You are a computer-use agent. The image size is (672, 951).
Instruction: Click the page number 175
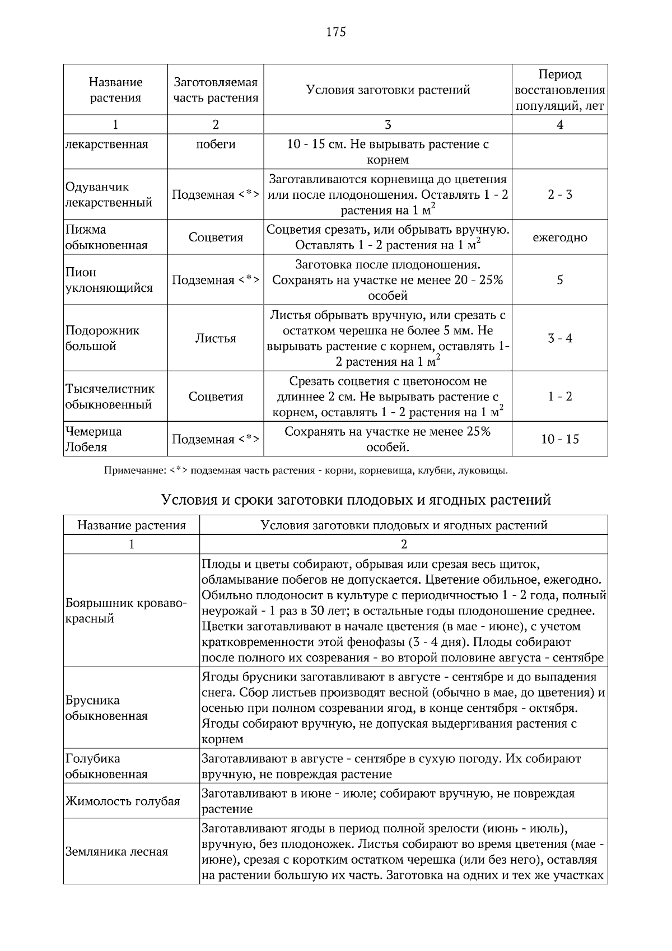pyautogui.click(x=336, y=32)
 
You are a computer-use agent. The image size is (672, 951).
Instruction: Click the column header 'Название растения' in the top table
pyautogui.click(x=115, y=90)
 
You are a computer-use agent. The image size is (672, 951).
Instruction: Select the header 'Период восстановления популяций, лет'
pyautogui.click(x=559, y=90)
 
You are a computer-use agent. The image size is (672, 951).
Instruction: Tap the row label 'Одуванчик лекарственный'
pyautogui.click(x=109, y=194)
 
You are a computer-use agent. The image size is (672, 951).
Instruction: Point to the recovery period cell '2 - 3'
pyautogui.click(x=559, y=195)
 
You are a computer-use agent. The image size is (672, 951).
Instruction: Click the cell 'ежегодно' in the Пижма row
pyautogui.click(x=559, y=237)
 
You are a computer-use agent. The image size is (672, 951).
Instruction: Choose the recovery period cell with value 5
pyautogui.click(x=559, y=280)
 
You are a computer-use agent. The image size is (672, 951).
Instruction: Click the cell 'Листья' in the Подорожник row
pyautogui.click(x=216, y=338)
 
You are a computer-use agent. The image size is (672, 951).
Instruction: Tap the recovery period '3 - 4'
pyautogui.click(x=559, y=338)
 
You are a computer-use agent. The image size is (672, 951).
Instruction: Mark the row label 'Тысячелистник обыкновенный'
pyautogui.click(x=110, y=397)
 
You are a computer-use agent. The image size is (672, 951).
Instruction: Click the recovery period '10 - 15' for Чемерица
pyautogui.click(x=559, y=439)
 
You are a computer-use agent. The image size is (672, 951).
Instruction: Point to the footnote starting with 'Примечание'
pyautogui.click(x=306, y=470)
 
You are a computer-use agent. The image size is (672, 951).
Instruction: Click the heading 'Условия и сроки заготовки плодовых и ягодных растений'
pyautogui.click(x=356, y=500)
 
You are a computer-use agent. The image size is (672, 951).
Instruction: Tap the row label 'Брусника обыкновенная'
pyautogui.click(x=106, y=708)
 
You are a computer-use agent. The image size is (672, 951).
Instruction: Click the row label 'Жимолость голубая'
pyautogui.click(x=122, y=801)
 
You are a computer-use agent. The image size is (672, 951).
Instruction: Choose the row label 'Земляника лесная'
pyautogui.click(x=116, y=852)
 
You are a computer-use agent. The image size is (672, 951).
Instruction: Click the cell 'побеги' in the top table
pyautogui.click(x=216, y=144)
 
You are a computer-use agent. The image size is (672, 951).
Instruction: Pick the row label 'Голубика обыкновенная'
pyautogui.click(x=106, y=766)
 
